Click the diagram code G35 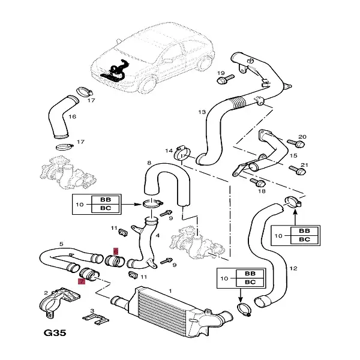(56, 332)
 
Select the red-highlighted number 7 (82, 280)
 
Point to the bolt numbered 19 (223, 79)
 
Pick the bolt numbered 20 (295, 144)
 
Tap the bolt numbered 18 (255, 180)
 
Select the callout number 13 (202, 112)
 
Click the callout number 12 (293, 268)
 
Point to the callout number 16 (72, 116)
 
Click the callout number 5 (61, 244)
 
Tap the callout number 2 (46, 292)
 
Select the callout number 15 (293, 155)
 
